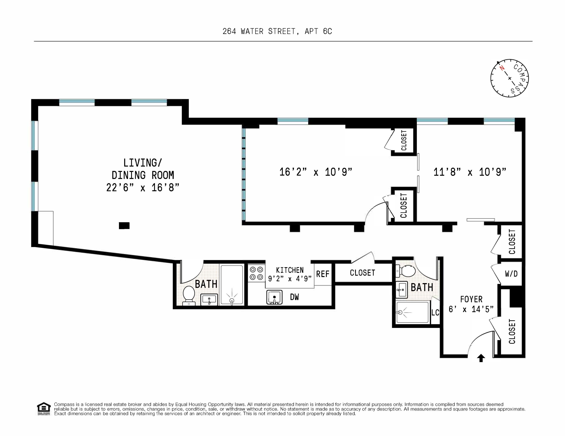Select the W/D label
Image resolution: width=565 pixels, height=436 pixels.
click(511, 274)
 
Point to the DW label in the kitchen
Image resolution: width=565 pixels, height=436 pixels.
click(294, 297)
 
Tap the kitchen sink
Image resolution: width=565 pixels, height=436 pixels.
click(274, 297)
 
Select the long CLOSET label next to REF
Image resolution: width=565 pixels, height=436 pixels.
click(362, 273)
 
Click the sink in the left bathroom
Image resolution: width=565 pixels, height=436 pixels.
click(209, 300)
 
